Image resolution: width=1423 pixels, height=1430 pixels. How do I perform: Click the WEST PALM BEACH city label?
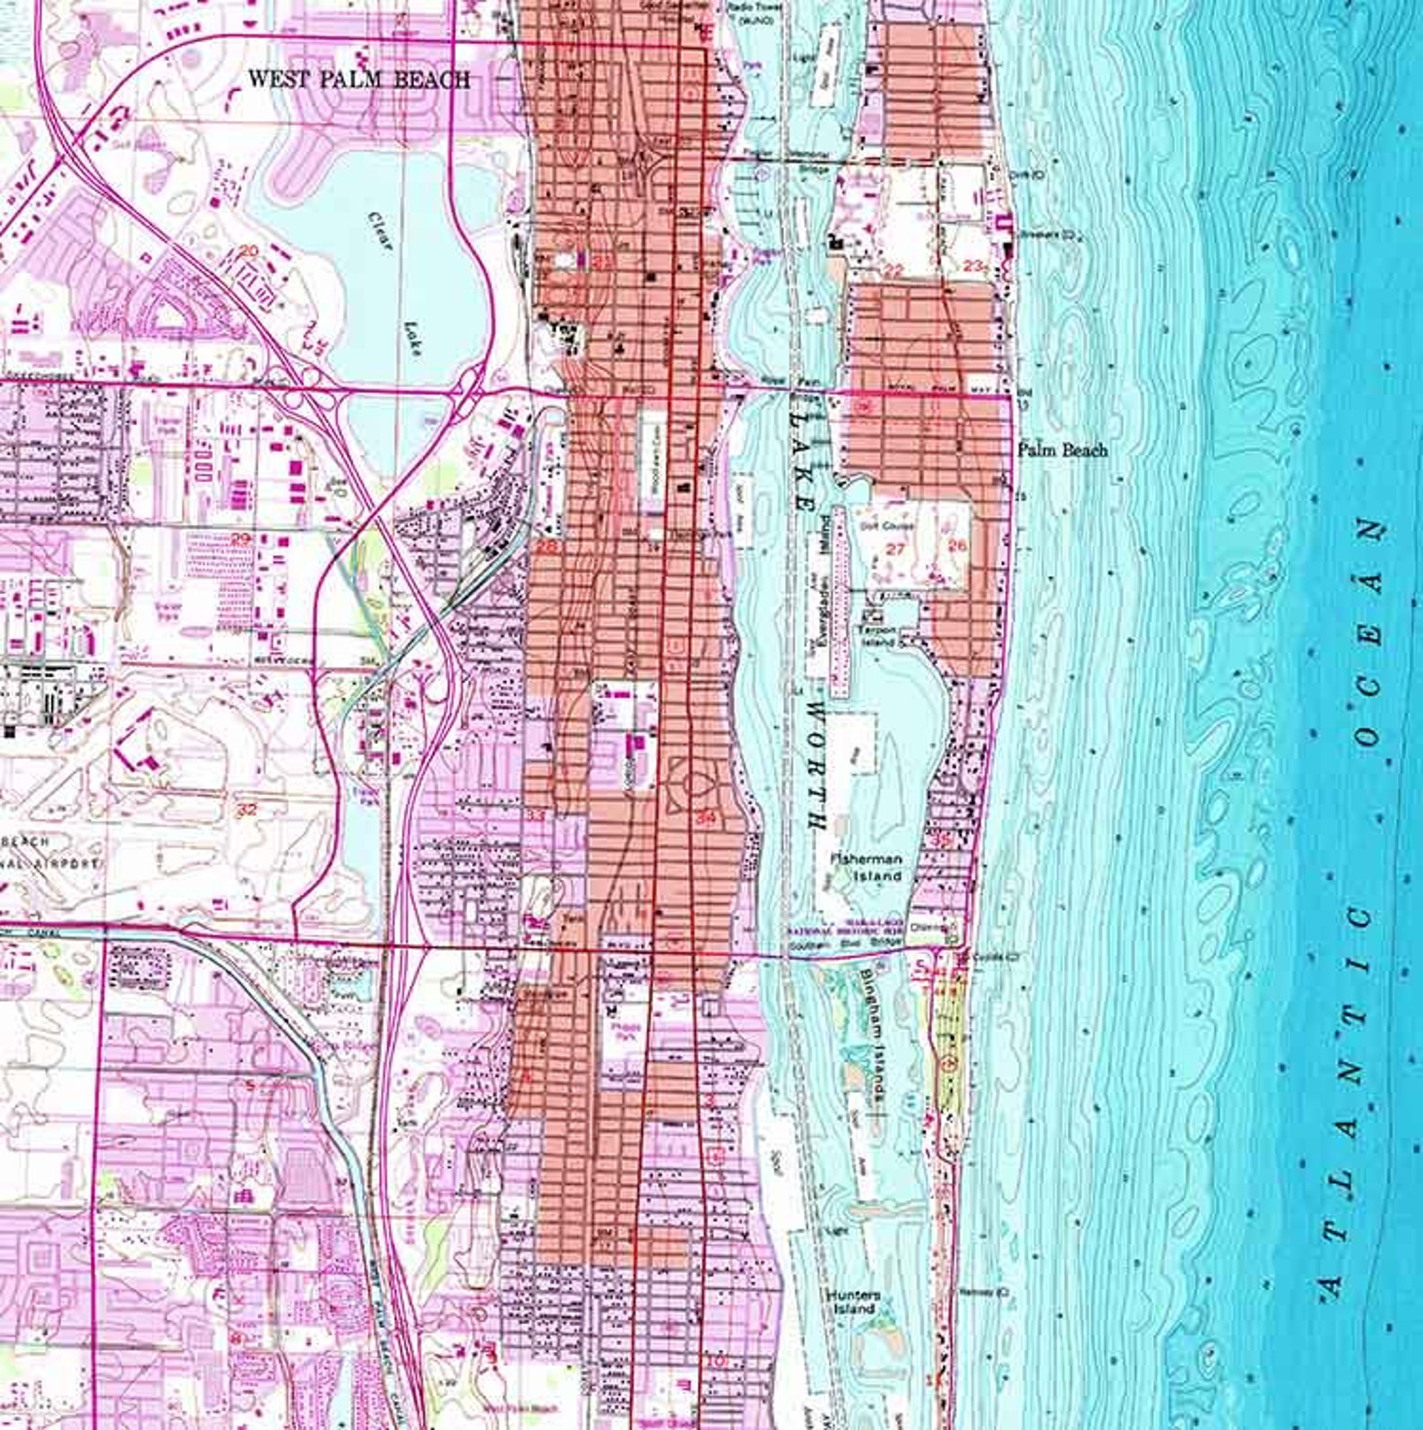pos(358,79)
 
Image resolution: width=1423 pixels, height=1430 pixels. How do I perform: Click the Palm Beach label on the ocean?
pos(1063,450)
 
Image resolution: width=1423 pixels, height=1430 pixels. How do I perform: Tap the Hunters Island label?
pos(853,1302)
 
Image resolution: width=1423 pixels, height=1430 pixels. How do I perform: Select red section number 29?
pos(241,539)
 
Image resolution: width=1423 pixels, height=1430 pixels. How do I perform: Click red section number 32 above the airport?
pos(248,809)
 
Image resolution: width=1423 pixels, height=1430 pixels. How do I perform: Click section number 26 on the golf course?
pos(957,545)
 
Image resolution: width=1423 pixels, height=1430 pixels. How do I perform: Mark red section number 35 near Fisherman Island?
pos(942,840)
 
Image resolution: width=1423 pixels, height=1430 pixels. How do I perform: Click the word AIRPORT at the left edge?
pos(56,864)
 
